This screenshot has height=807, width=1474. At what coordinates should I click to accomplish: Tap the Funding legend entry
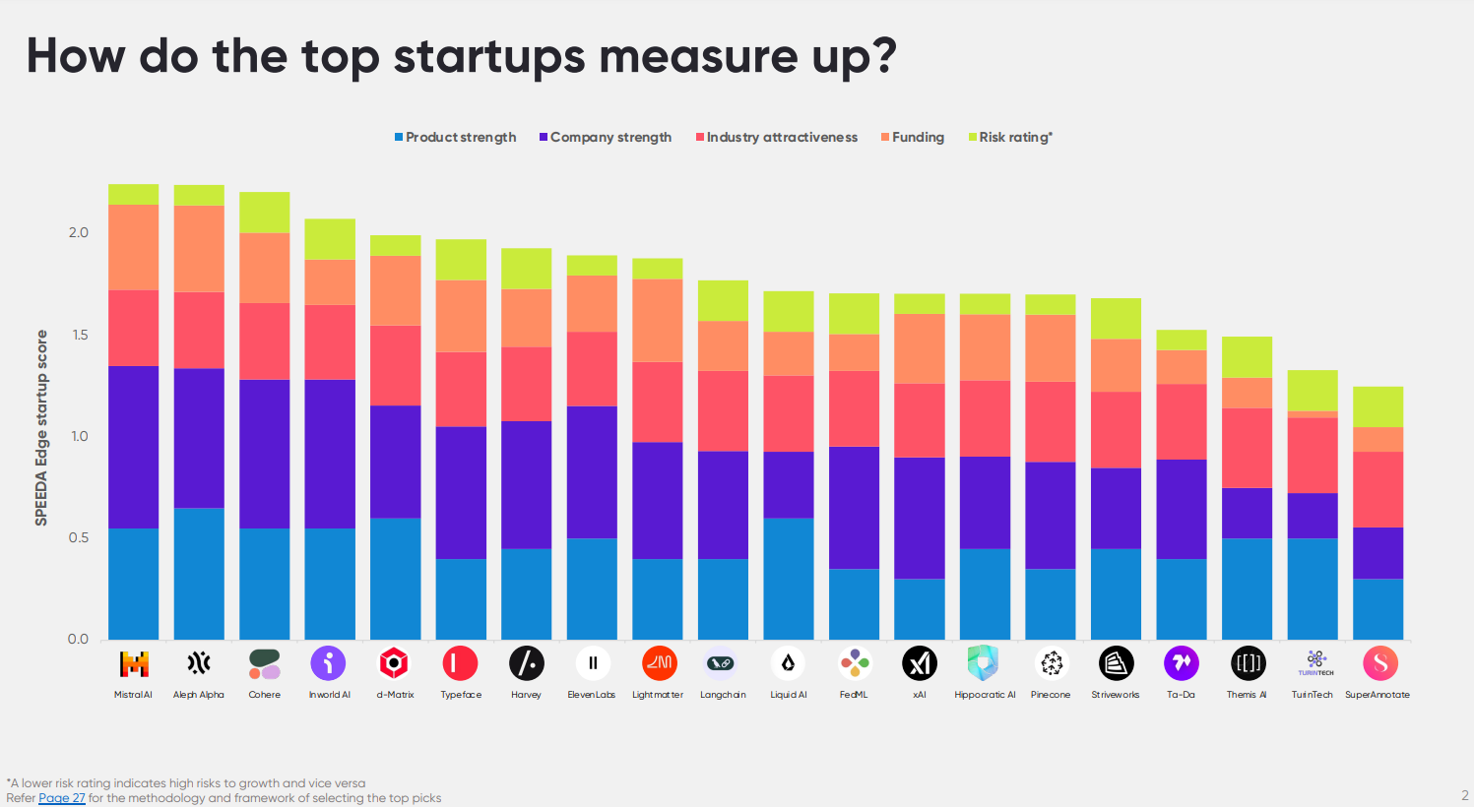[913, 138]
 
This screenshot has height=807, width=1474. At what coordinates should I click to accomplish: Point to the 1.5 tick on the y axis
[78, 335]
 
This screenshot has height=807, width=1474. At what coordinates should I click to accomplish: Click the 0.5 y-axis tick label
[78, 537]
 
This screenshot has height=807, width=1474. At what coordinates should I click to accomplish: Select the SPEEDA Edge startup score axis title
[41, 427]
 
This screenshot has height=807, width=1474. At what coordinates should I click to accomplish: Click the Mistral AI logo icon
[134, 663]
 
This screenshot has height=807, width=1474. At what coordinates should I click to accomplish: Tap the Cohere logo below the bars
[264, 663]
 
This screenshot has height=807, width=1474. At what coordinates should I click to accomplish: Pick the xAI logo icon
[920, 663]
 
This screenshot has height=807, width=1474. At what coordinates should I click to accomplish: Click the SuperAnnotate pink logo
[1379, 663]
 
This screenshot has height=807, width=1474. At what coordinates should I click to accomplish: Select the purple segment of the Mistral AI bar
[134, 448]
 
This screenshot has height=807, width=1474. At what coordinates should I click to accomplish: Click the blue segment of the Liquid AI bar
[789, 579]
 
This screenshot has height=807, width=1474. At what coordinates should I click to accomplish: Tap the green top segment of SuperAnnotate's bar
[1378, 406]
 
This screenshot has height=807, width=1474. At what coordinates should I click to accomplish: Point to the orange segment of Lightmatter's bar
[658, 321]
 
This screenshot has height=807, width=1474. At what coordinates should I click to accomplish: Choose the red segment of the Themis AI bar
[1248, 448]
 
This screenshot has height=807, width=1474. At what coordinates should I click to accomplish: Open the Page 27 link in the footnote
[62, 798]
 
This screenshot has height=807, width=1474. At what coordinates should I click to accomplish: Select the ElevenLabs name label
[592, 695]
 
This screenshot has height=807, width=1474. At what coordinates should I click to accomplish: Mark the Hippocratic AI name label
[985, 695]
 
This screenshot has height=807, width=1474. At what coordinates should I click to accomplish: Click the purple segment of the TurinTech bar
[1313, 516]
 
